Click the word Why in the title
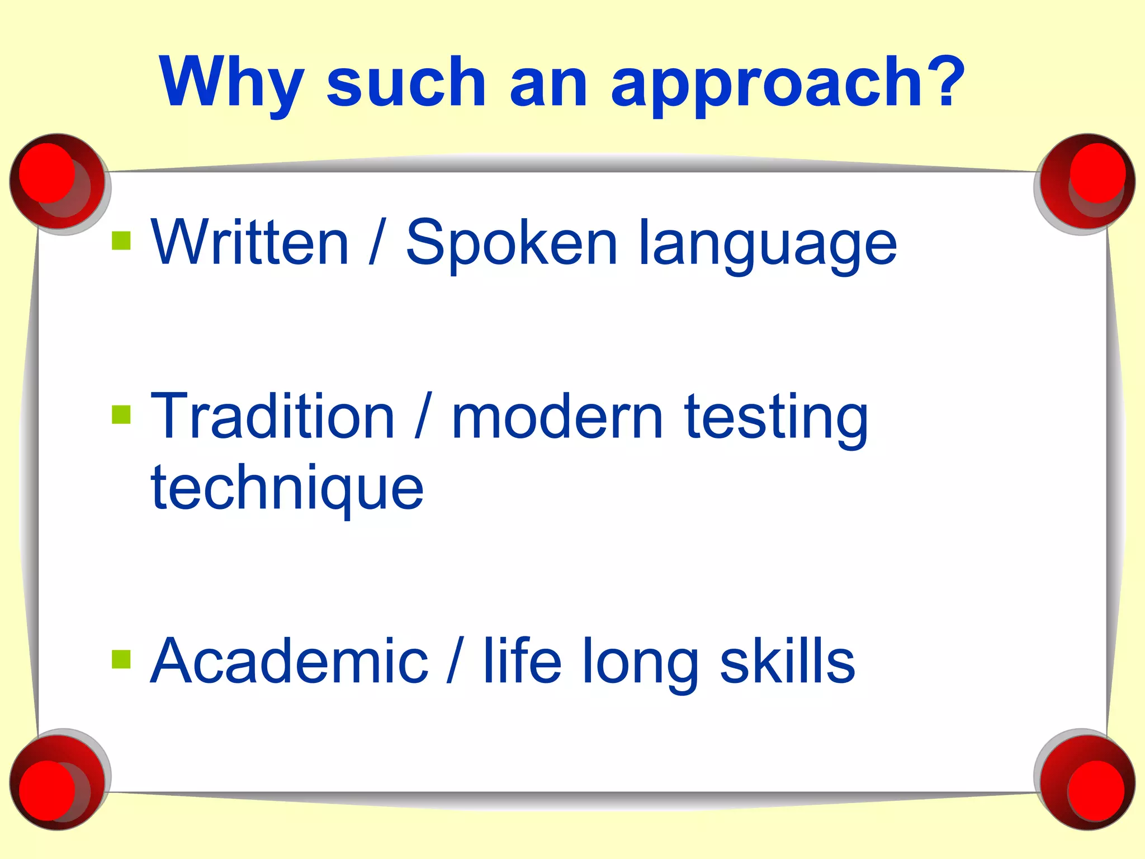click(231, 84)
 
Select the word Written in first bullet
click(250, 243)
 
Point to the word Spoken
click(512, 244)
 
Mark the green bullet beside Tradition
click(121, 415)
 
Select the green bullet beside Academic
click(121, 659)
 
